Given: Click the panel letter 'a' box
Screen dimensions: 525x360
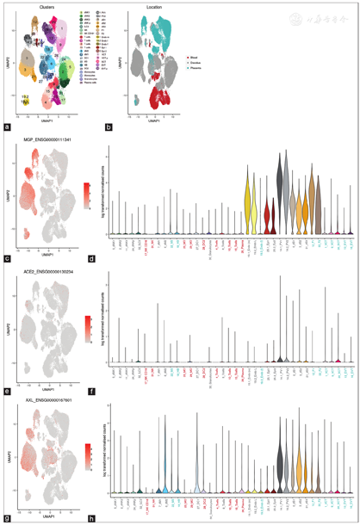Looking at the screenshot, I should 8,127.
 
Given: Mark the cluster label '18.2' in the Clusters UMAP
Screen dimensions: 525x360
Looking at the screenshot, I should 27,97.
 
